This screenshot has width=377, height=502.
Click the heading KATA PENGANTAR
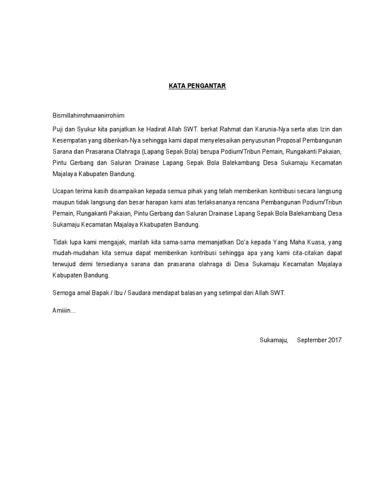[x=190, y=86]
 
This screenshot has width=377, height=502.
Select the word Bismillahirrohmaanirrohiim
[x=88, y=116]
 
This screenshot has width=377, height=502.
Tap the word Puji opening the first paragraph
[x=58, y=129]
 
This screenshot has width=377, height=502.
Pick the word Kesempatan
[x=70, y=140]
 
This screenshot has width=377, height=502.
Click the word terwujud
[x=64, y=264]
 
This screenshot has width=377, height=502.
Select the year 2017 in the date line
[x=334, y=339]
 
